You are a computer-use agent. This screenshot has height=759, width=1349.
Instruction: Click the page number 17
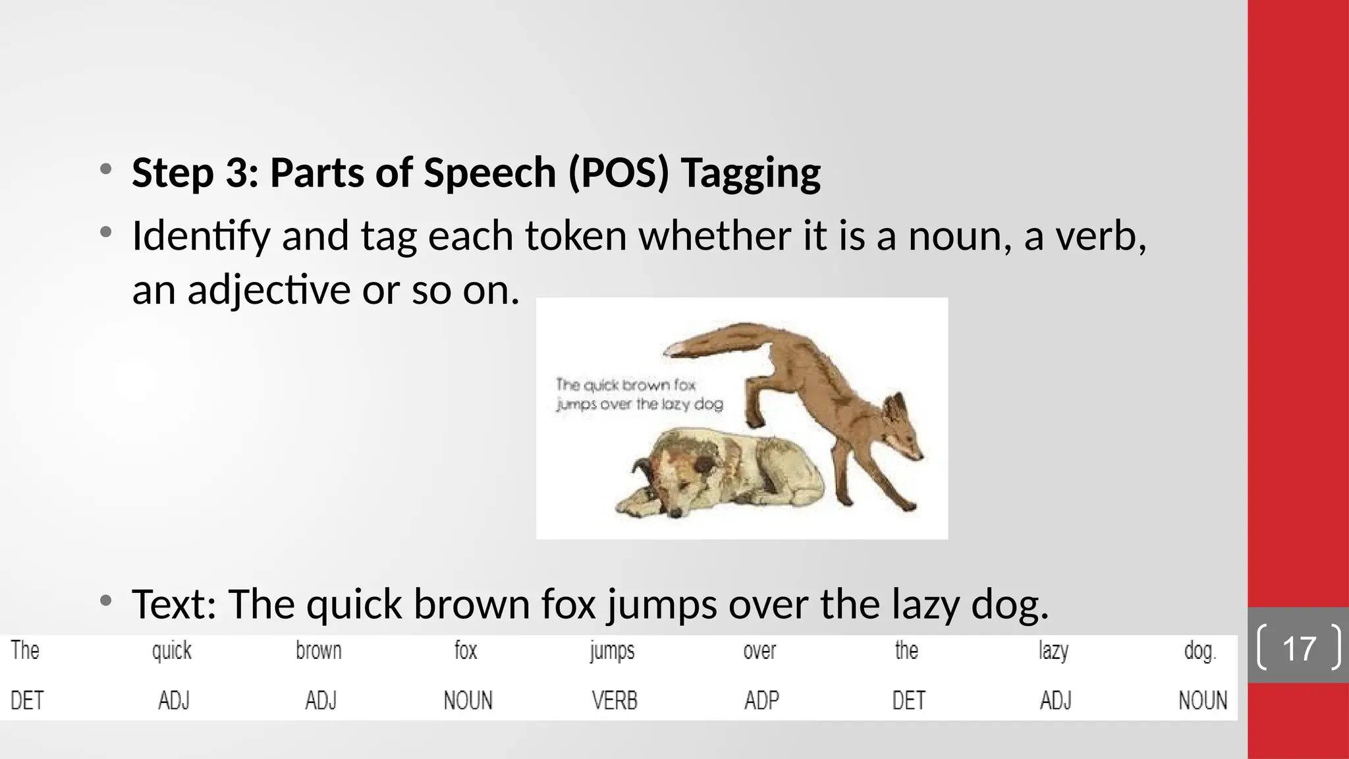tap(1299, 648)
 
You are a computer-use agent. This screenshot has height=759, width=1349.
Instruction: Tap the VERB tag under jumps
tap(615, 700)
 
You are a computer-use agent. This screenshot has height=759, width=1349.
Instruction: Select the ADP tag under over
tap(761, 700)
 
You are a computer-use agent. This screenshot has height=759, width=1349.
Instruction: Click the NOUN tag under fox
tap(468, 700)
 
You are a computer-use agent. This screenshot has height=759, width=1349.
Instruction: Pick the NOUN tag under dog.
tap(1203, 700)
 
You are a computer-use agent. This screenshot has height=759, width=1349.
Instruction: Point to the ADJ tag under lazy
tap(1055, 700)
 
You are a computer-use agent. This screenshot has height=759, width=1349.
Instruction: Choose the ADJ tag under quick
tap(174, 700)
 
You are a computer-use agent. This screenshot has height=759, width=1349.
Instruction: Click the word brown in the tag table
tap(318, 651)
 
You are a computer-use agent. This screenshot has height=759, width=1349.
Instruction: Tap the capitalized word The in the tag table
tap(25, 651)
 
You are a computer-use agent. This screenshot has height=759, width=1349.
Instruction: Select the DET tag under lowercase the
tap(908, 700)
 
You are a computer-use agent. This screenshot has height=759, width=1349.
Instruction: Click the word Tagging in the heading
tap(750, 173)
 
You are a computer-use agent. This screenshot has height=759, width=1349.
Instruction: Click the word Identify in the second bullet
tap(201, 236)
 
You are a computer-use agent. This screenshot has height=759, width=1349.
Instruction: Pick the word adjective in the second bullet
tap(268, 290)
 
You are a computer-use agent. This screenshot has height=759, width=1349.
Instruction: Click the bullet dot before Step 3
tap(105, 170)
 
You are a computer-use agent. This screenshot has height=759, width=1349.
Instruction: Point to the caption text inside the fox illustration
tap(638, 394)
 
